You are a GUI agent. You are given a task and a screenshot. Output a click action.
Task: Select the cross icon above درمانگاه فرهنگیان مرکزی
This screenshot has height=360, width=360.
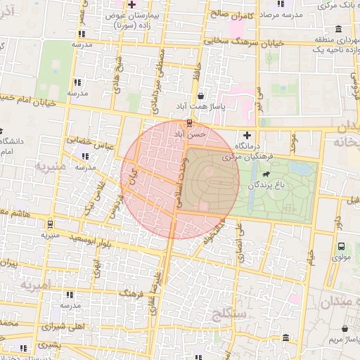point(246,135)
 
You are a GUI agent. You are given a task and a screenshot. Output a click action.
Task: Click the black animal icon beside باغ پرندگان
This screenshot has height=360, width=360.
point(266,174)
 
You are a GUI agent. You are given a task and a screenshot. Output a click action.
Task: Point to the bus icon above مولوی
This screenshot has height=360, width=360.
point(341,247)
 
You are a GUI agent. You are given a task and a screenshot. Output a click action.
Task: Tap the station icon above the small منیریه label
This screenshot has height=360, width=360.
point(50,224)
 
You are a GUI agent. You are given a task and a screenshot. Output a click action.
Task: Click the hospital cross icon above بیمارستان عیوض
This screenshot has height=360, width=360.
point(131,5)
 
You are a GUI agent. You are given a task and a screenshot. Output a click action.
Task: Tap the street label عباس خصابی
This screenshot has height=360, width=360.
point(91,141)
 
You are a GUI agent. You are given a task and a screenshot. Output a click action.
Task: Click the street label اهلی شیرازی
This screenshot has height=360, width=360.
point(63,327)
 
